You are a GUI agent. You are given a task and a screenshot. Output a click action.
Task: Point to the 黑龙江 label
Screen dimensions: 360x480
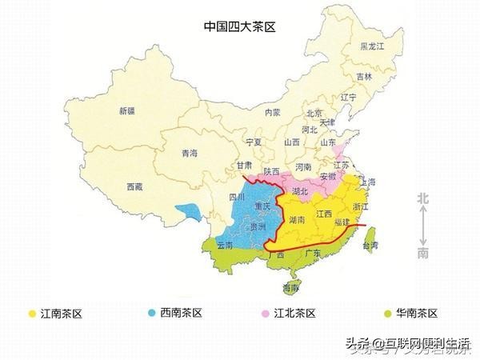373,47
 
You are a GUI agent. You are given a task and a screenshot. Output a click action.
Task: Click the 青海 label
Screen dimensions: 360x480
189,153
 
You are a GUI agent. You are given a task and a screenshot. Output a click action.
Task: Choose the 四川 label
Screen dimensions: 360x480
238,196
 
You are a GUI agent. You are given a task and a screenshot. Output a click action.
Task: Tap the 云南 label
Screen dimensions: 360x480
224,247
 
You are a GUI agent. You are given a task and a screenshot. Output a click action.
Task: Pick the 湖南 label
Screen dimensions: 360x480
295,219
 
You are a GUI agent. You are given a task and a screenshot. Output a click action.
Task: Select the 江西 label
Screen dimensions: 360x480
323,214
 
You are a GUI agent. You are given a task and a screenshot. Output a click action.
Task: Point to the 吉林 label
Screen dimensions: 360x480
364,77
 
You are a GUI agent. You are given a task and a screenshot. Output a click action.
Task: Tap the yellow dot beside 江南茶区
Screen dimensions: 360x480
31,313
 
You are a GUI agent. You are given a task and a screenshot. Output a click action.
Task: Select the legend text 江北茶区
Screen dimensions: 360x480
295,313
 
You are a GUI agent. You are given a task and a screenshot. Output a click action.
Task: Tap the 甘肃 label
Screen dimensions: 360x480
244,165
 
